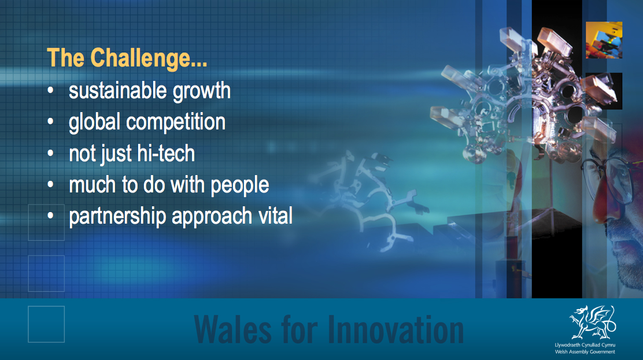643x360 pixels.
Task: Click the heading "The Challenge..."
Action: click(127, 58)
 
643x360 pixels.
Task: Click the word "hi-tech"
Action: click(166, 153)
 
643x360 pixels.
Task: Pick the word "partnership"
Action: click(117, 217)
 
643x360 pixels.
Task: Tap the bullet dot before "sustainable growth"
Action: click(50, 91)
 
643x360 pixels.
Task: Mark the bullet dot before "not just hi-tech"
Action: click(50, 153)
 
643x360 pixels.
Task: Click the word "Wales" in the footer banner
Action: click(232, 329)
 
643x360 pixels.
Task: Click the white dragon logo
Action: click(592, 322)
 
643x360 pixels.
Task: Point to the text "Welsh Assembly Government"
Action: click(585, 352)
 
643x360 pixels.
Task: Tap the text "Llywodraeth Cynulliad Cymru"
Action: click(585, 345)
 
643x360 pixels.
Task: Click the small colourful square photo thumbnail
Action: click(604, 40)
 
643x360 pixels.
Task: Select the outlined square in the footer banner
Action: click(46, 324)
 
